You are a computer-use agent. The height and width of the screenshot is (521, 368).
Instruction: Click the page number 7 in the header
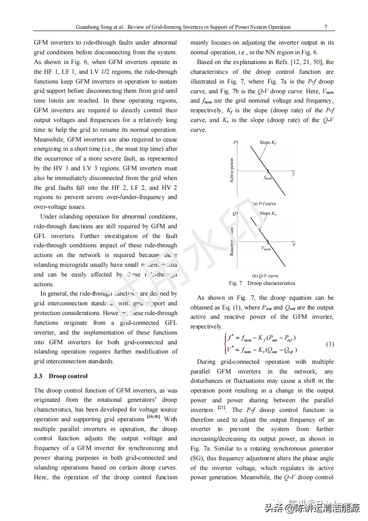pyautogui.click(x=326, y=27)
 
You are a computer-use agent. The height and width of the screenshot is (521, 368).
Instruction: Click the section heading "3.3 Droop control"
pyautogui.click(x=61, y=376)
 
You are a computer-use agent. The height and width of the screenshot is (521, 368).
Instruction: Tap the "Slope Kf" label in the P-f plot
pyautogui.click(x=268, y=142)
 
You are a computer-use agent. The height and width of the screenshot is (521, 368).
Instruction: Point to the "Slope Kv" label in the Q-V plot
pyautogui.click(x=268, y=213)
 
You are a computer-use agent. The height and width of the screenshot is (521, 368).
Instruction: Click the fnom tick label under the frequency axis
pyautogui.click(x=268, y=178)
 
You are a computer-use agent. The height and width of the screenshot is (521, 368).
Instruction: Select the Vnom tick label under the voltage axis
pyautogui.click(x=266, y=249)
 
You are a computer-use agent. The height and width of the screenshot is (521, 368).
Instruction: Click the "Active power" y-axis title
pyautogui.click(x=232, y=170)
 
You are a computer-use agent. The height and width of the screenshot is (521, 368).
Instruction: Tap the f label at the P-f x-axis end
pyautogui.click(x=293, y=174)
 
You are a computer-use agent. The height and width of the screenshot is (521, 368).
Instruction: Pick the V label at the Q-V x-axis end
pyautogui.click(x=294, y=244)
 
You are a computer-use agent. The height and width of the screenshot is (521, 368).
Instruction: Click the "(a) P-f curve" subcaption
pyautogui.click(x=264, y=204)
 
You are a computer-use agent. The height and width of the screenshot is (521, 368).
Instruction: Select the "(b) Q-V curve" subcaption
pyautogui.click(x=265, y=276)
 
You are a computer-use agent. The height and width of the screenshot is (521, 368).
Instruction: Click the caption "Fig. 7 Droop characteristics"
pyautogui.click(x=262, y=283)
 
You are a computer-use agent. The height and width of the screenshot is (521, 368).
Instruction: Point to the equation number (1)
pyautogui.click(x=330, y=344)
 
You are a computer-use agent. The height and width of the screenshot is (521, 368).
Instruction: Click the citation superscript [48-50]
pyautogui.click(x=153, y=417)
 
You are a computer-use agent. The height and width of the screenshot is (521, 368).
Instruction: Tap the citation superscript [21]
pyautogui.click(x=222, y=407)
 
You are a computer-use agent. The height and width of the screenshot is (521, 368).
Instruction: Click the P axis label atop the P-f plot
pyautogui.click(x=235, y=142)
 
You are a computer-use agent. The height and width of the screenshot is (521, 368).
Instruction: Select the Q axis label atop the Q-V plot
pyautogui.click(x=235, y=213)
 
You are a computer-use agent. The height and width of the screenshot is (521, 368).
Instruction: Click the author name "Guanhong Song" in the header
pyautogui.click(x=92, y=27)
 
